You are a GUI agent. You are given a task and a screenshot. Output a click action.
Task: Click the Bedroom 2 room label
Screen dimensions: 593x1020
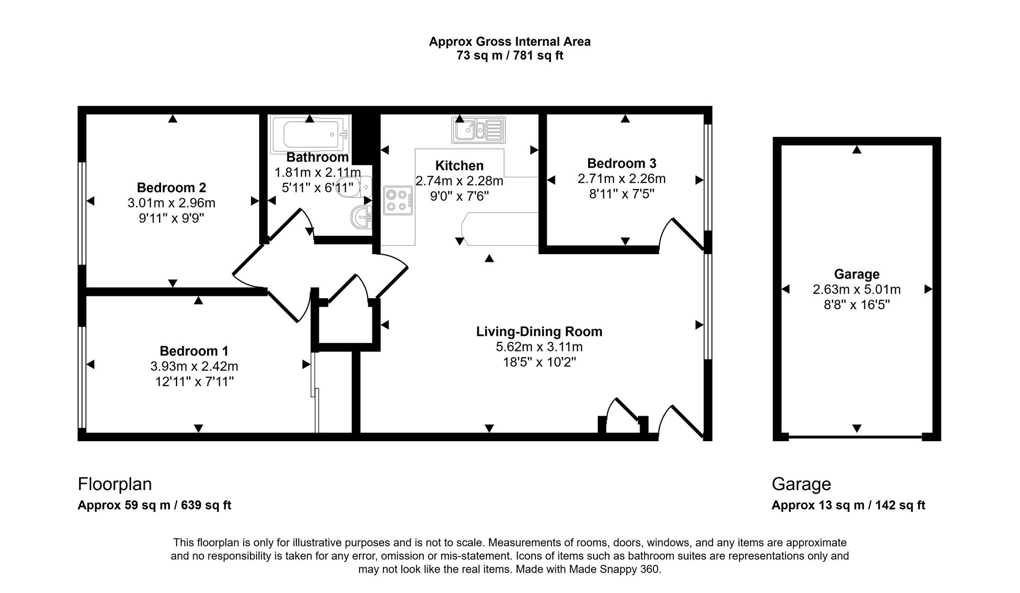tap(171, 187)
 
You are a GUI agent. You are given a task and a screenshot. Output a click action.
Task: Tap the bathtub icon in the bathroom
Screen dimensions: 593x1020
tap(309, 134)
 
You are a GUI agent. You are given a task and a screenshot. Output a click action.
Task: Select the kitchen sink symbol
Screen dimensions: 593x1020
tap(478, 130)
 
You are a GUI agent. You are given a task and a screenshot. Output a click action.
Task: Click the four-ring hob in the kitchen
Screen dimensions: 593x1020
tap(398, 200)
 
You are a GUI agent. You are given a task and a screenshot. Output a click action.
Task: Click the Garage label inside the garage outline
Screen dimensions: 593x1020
tap(856, 274)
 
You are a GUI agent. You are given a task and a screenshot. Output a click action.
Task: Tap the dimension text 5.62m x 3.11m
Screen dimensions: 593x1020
tap(539, 347)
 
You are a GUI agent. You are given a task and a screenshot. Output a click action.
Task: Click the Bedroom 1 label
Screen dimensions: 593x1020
tap(194, 351)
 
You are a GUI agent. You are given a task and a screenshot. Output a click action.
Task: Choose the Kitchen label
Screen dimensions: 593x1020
tap(459, 166)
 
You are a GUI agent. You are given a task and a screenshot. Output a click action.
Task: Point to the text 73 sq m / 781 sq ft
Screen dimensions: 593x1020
tap(509, 56)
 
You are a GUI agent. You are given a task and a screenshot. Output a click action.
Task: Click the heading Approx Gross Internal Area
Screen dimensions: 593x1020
tap(509, 42)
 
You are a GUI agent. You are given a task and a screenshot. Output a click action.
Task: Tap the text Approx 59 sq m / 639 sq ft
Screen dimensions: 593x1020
tap(154, 505)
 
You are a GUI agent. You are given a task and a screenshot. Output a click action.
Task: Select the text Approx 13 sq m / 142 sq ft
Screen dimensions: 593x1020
tap(848, 505)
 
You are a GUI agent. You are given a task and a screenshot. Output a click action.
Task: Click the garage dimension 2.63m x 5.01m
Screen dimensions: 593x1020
tap(856, 289)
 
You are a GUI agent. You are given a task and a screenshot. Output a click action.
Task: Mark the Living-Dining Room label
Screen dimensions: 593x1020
tap(539, 332)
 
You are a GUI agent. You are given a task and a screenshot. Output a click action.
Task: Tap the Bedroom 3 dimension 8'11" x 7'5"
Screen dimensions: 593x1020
tap(621, 194)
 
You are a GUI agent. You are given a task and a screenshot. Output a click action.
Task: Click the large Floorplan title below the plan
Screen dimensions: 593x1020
tap(115, 483)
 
